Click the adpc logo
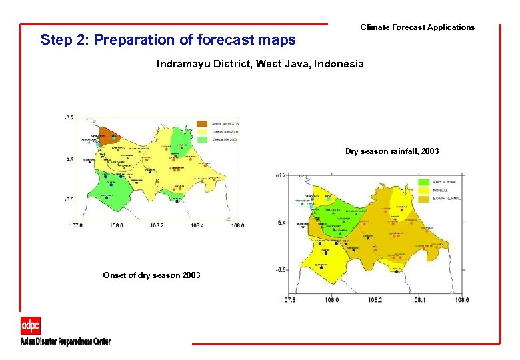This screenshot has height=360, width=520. (30, 325)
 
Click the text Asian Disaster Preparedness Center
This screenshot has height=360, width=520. (65, 341)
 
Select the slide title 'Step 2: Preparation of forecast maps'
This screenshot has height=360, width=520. (168, 40)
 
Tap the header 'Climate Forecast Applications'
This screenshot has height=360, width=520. (417, 27)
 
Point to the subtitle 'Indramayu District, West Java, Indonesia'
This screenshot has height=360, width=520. (260, 64)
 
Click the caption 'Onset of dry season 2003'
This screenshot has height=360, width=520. (151, 275)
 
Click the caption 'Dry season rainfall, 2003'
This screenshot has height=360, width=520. (392, 151)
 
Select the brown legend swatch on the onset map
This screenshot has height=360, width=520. (202, 124)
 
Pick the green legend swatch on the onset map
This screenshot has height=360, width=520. (202, 139)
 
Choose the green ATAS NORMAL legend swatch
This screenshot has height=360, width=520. (423, 181)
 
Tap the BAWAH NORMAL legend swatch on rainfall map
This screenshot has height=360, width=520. (423, 199)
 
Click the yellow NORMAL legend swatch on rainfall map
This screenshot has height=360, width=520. (423, 190)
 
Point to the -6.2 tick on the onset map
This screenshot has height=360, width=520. (69, 117)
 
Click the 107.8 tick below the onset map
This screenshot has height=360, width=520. (77, 225)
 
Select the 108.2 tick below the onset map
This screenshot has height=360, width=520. (157, 225)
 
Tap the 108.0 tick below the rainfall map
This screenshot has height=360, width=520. (331, 300)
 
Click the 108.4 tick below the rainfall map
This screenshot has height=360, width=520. (418, 300)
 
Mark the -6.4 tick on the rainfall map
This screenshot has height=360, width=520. (281, 223)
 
